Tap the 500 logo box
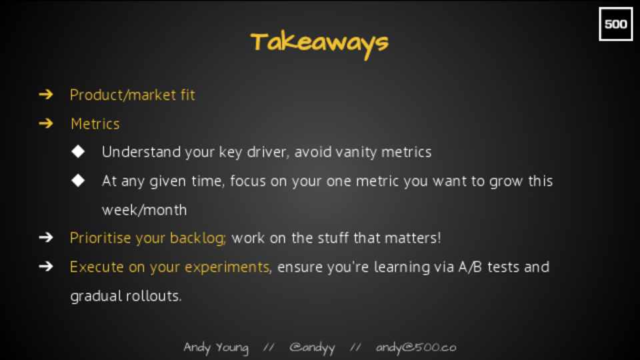pos(615,24)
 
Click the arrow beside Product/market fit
pos(46,95)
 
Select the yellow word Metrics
pos(95,124)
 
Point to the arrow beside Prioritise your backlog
pos(46,237)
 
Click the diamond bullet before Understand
pos(78,151)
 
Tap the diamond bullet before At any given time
pos(78,181)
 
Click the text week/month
pos(144,210)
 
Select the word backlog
pos(197,239)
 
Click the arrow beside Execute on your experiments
pos(46,267)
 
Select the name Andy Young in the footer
pos(216,348)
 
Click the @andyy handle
pos(312,348)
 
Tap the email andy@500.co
pos(416,347)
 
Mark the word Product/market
pos(123,95)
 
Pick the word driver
pos(268,152)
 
